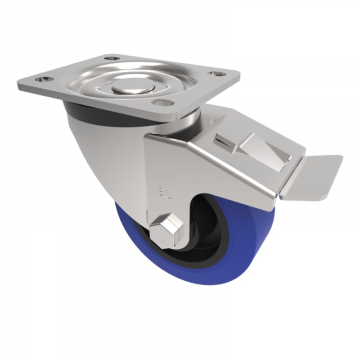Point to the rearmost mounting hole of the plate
click(x=110, y=58)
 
